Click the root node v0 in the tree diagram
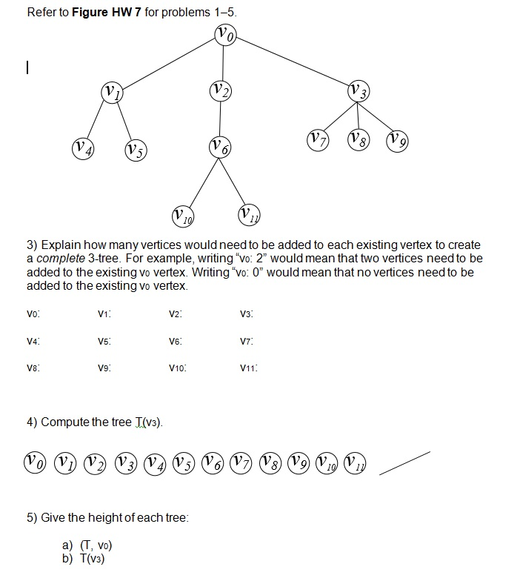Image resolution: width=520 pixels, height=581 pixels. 226,34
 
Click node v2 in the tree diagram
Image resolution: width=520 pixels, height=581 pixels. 221,91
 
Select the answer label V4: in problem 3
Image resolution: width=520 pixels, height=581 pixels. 33,341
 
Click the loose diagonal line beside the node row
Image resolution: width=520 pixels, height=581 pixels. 404,461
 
